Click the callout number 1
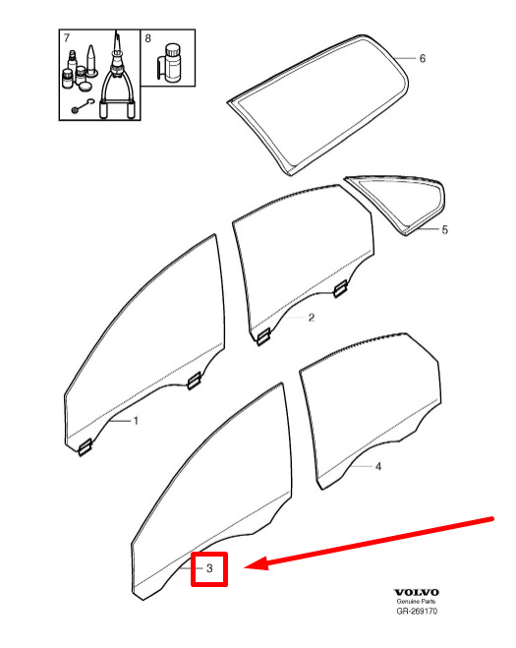click(x=136, y=421)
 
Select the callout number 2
click(x=312, y=318)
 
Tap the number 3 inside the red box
click(x=209, y=568)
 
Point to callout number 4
click(x=378, y=466)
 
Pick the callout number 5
click(x=444, y=230)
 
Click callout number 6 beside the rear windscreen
click(x=423, y=59)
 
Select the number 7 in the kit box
click(x=67, y=38)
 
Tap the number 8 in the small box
click(x=147, y=38)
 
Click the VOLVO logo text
click(x=417, y=593)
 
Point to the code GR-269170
click(x=417, y=612)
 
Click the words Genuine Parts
click(x=416, y=602)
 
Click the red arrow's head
click(x=257, y=563)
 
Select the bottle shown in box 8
click(x=171, y=62)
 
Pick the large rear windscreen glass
click(x=318, y=106)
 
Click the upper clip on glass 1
click(x=194, y=381)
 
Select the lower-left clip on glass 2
click(x=263, y=336)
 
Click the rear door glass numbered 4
click(x=370, y=410)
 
